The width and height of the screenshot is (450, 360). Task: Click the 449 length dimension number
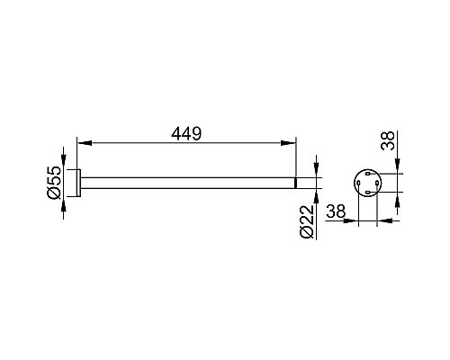tap(186, 134)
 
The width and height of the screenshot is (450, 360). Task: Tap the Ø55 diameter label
tap(54, 182)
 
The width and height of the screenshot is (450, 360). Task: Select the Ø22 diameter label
tap(307, 222)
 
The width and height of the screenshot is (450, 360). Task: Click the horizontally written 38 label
tap(336, 211)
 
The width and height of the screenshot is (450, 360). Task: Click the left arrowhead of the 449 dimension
tap(85, 143)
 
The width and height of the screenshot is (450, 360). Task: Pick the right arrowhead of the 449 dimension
tap(289, 143)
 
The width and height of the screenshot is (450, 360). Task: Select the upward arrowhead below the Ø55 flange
tap(64, 204)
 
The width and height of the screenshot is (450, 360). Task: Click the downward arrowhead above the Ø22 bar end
tap(316, 170)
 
